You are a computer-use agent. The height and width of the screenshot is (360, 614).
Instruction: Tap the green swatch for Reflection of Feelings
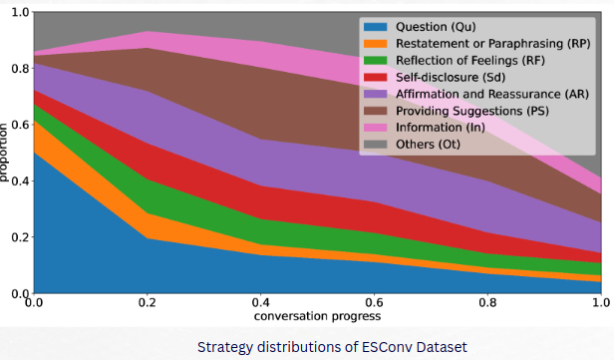(x=377, y=61)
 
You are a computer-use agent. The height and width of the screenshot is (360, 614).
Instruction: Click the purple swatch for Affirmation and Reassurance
(x=377, y=94)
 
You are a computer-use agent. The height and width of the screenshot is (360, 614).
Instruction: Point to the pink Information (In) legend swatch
(x=377, y=127)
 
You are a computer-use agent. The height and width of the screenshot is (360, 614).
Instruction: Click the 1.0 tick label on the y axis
(x=20, y=13)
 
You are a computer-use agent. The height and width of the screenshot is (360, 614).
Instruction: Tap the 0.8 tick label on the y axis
(x=20, y=69)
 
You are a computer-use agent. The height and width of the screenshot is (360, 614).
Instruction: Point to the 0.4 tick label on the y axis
(x=20, y=181)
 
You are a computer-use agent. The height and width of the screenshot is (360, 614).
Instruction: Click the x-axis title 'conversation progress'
(x=317, y=317)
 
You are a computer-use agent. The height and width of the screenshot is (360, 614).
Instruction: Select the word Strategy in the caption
(x=224, y=348)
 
